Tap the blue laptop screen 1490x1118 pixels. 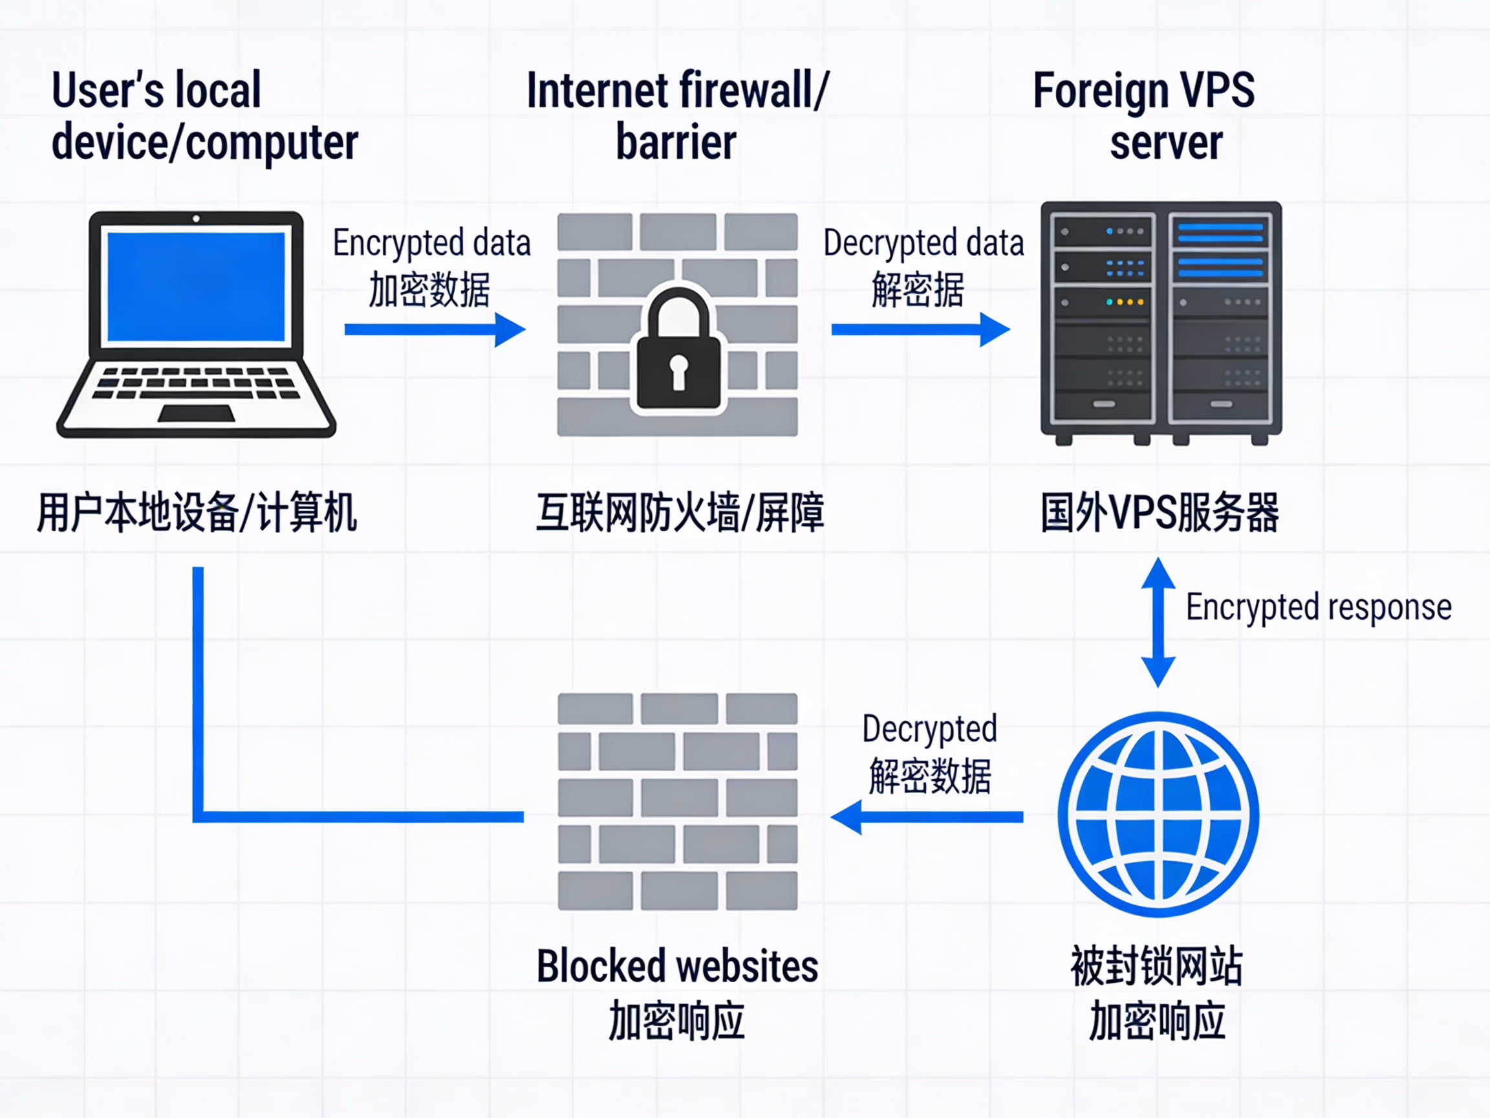click(196, 287)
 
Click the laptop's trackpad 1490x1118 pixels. click(196, 413)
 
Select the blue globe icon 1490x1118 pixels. click(1158, 814)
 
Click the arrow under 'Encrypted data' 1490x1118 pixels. click(435, 329)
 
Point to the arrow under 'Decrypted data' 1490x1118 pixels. click(920, 329)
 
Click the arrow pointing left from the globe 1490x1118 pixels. click(927, 817)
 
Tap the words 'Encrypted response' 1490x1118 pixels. click(1318, 607)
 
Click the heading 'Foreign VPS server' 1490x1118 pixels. click(1145, 116)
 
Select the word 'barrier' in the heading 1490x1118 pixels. click(676, 142)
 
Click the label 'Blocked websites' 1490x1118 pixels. click(677, 966)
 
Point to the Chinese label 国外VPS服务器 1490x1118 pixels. click(1160, 513)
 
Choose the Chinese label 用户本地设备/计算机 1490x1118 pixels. click(197, 513)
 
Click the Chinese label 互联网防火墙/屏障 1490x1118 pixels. click(680, 513)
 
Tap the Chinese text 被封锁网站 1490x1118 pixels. click(1156, 966)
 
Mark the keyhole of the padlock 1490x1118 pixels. click(678, 371)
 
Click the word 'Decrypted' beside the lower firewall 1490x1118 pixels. click(929, 729)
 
